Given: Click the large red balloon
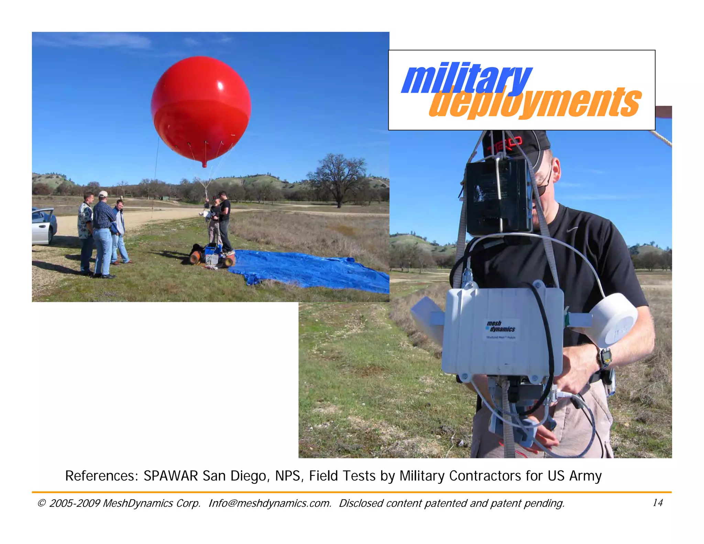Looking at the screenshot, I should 201,108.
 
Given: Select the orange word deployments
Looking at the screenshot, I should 535,102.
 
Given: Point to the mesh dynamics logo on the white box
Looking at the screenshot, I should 500,327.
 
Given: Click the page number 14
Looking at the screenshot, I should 657,503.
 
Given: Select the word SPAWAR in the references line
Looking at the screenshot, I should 170,476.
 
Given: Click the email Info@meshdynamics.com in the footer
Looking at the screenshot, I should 270,503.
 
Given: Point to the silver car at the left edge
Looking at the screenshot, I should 43,225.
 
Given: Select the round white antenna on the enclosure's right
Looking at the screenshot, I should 614,320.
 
